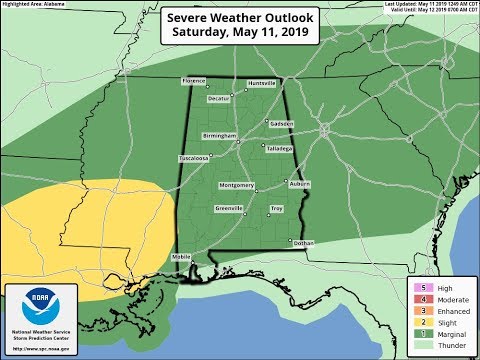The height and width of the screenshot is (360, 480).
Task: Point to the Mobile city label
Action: pos(180,257)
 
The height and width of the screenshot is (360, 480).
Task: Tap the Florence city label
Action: pos(193,80)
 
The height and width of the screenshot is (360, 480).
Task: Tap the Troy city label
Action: pos(277,208)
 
